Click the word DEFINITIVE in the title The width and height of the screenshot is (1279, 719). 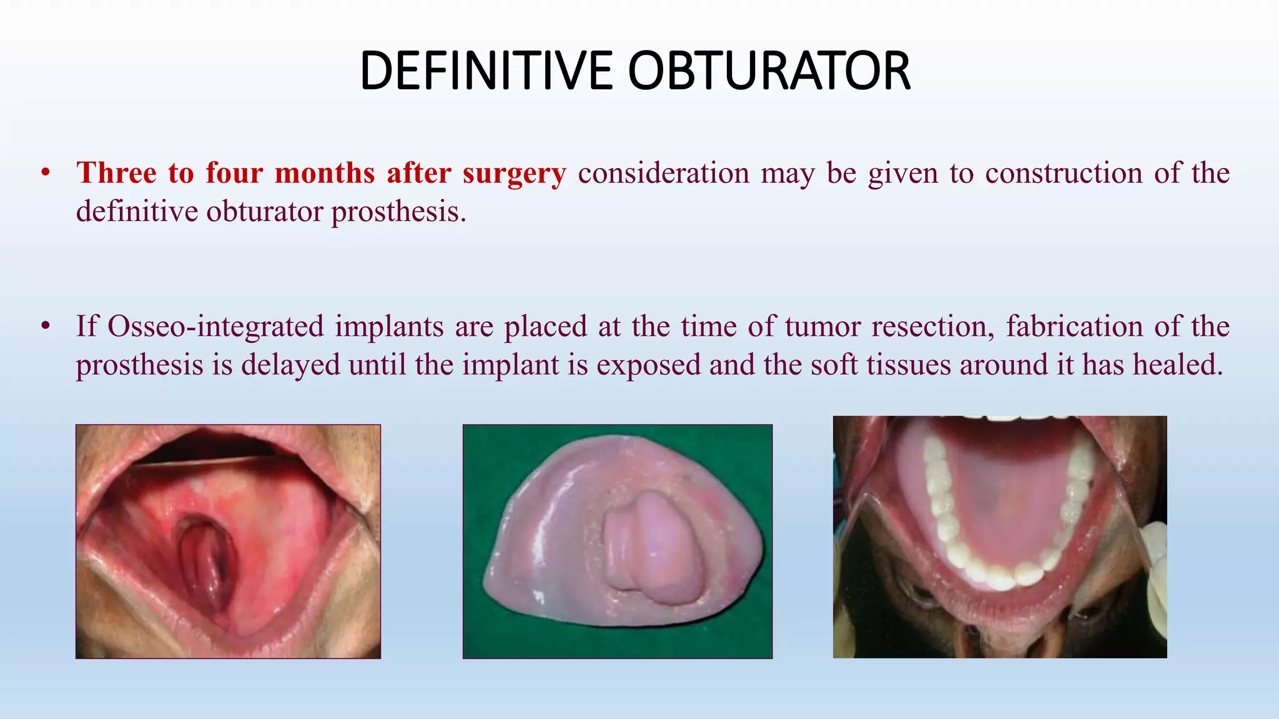(x=487, y=71)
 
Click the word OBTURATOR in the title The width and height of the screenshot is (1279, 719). (x=769, y=71)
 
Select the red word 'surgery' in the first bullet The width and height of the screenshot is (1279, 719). (x=514, y=174)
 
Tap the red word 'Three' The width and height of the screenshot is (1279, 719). (x=116, y=173)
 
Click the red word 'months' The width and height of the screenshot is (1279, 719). (x=325, y=173)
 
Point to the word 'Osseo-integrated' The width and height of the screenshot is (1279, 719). (x=216, y=326)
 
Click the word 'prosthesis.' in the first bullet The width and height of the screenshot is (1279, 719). (x=398, y=212)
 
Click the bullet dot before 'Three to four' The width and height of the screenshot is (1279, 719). (x=45, y=173)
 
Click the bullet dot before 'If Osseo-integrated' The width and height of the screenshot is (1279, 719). (x=45, y=326)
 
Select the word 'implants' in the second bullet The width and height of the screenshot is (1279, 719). (x=389, y=326)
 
